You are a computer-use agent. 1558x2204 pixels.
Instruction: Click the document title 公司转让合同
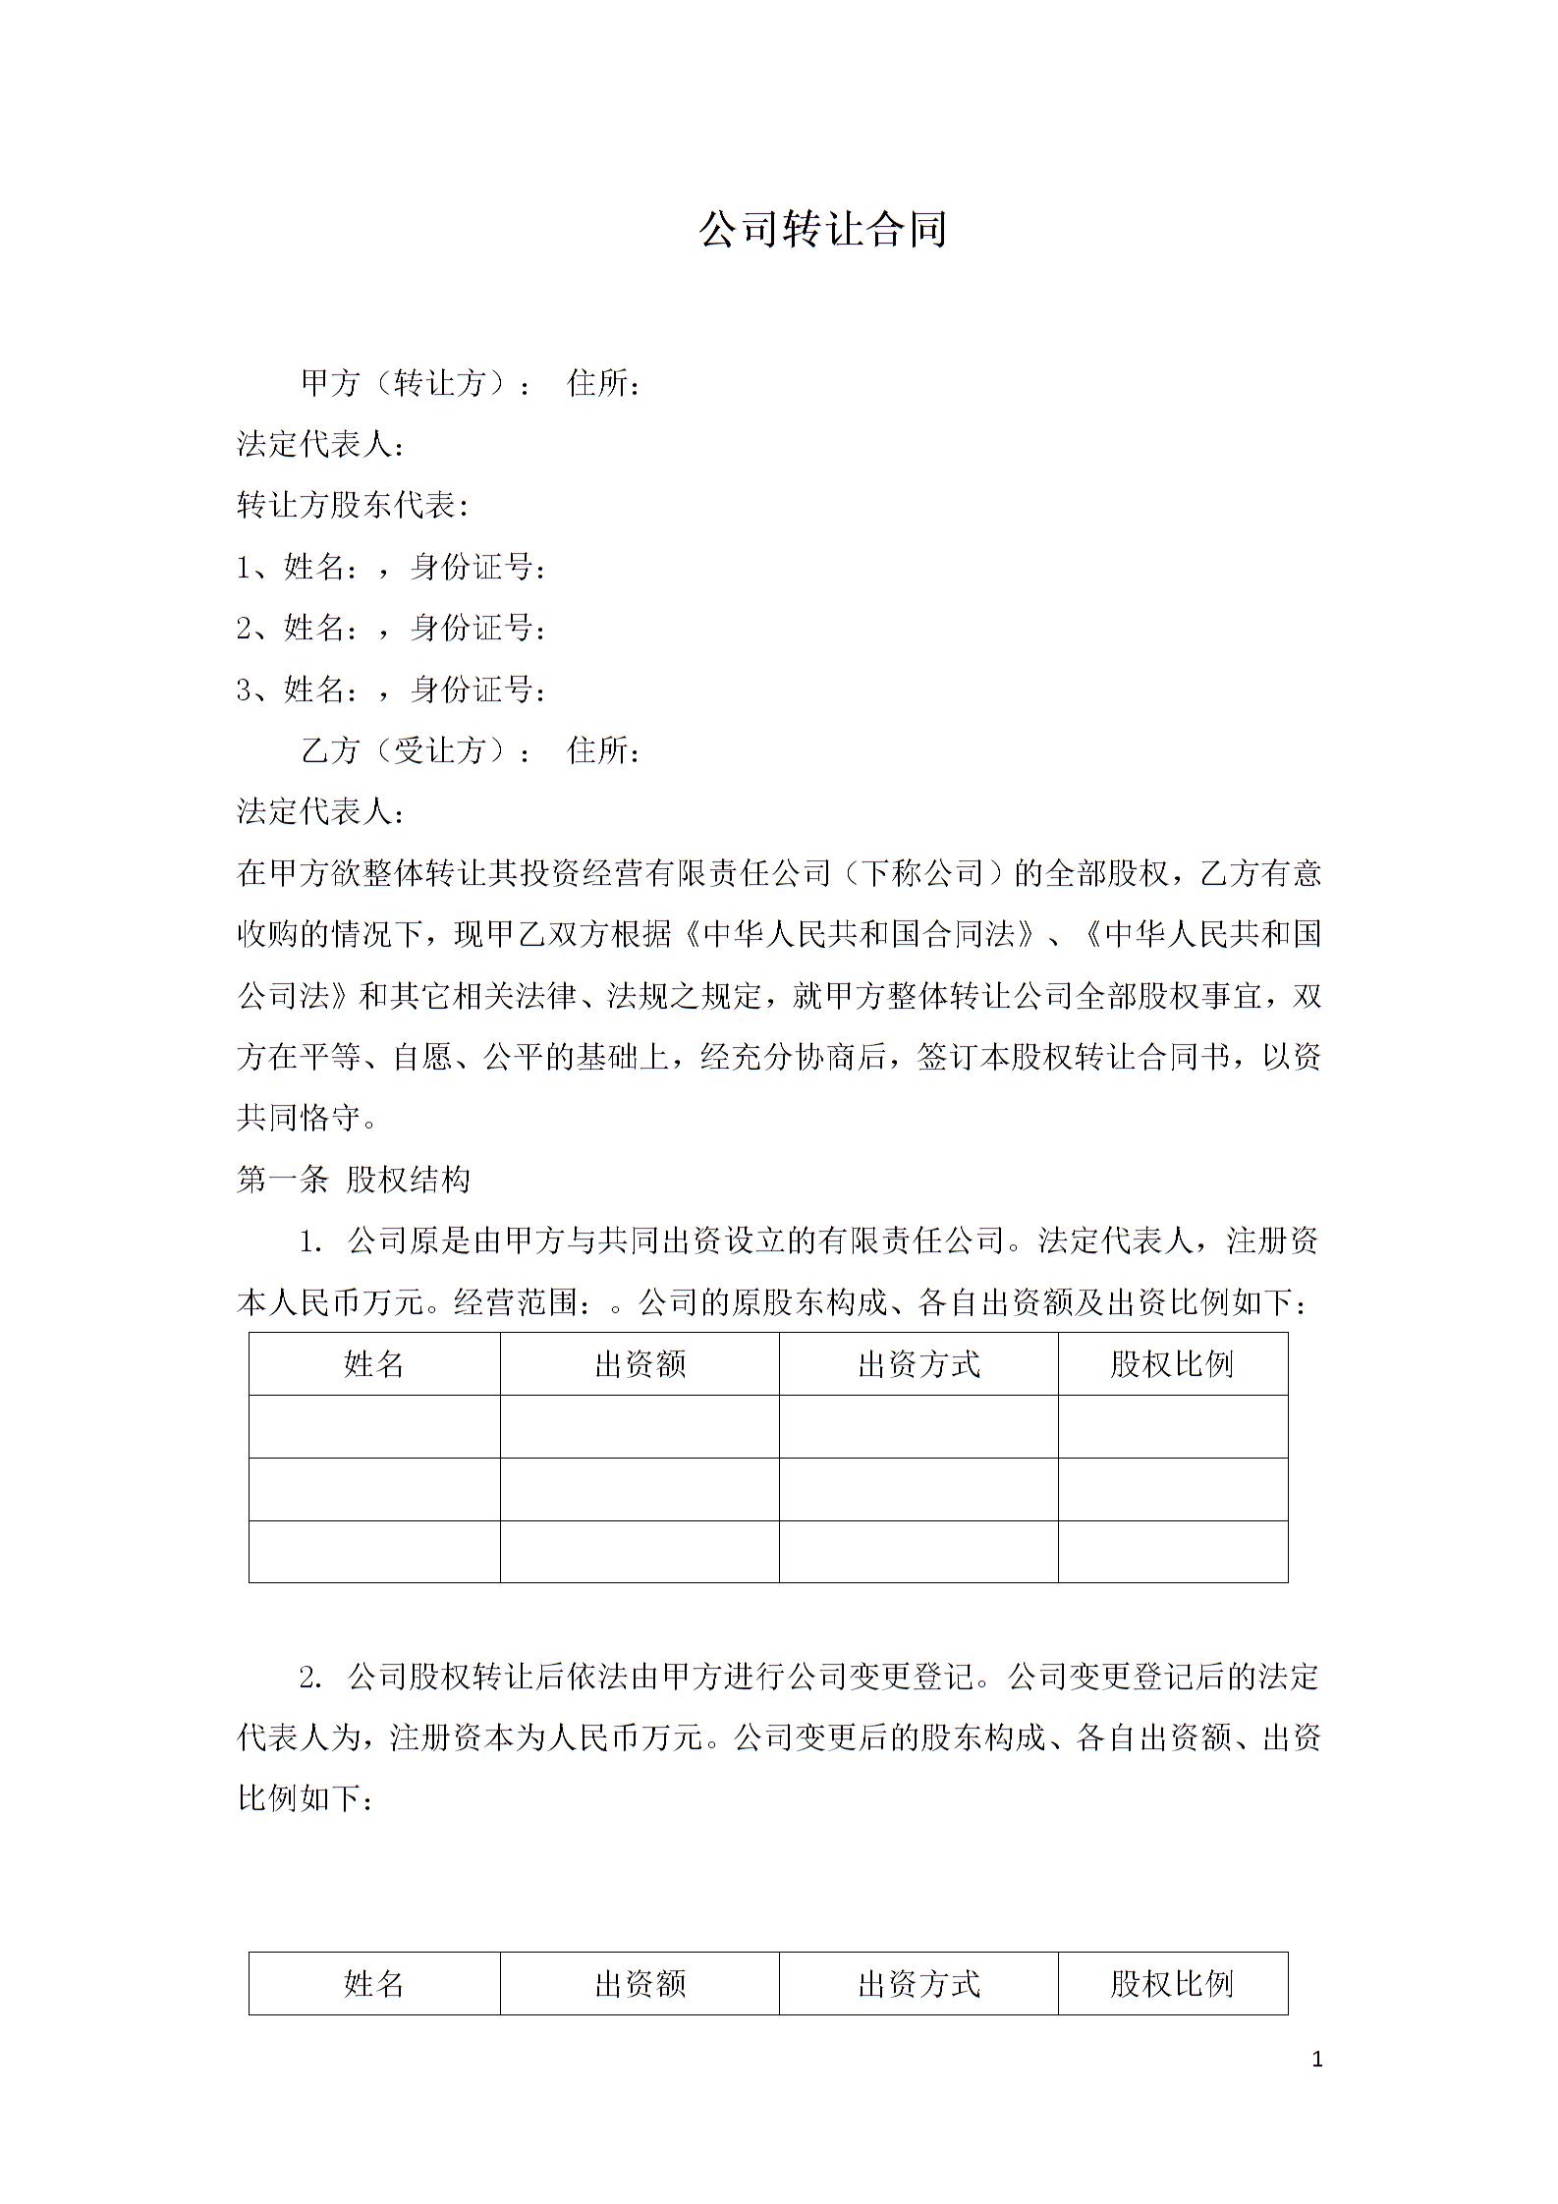pos(822,230)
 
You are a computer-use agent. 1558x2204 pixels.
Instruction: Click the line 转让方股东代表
pos(353,506)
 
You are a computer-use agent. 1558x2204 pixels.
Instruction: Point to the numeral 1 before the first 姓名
pos(246,568)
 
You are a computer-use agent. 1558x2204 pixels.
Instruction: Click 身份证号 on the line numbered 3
pos(477,690)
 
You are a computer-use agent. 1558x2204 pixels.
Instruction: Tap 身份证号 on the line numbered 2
pos(477,629)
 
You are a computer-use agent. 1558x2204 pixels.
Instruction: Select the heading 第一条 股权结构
pos(354,1180)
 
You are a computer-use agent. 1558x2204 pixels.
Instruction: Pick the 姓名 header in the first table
pos(374,1364)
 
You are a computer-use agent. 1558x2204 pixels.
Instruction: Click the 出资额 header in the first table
pos(640,1364)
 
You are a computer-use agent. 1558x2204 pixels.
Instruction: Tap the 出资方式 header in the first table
pos(918,1364)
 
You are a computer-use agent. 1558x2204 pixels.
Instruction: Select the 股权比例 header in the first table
pos(1172,1364)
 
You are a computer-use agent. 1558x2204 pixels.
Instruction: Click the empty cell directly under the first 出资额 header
pos(640,1426)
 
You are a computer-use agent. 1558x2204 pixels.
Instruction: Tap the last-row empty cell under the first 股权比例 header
pos(1172,1551)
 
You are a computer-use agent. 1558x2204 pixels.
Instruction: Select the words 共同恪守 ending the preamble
pos(299,1118)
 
